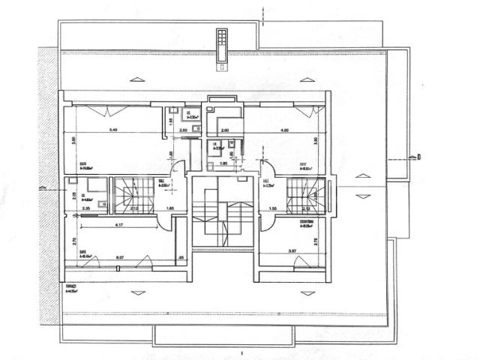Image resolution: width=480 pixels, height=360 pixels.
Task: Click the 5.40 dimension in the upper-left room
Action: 113,130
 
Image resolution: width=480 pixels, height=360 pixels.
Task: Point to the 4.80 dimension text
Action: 285,130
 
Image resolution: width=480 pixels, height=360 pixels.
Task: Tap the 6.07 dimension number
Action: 120,259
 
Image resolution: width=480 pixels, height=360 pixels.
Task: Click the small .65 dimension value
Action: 181,259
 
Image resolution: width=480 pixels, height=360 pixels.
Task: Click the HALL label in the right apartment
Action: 265,181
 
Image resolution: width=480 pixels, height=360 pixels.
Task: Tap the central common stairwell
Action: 220,213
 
